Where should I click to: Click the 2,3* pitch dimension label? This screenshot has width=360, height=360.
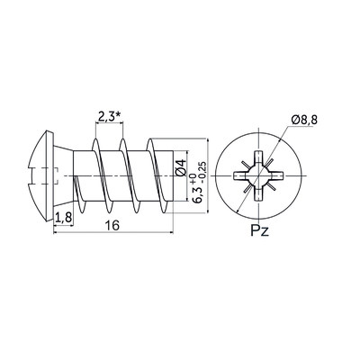110,116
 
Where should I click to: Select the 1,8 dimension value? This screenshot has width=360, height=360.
63,218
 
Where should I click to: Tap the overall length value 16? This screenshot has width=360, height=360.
112,225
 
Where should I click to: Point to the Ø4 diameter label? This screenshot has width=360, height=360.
181,168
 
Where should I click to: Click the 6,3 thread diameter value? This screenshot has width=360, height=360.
198,195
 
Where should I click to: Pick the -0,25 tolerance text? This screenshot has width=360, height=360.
202,172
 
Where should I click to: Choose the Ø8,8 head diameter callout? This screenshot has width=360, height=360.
304,121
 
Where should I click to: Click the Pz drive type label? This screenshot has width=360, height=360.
259,231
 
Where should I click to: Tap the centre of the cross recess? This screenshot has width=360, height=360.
258,175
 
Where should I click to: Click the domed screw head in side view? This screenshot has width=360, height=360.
41,175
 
